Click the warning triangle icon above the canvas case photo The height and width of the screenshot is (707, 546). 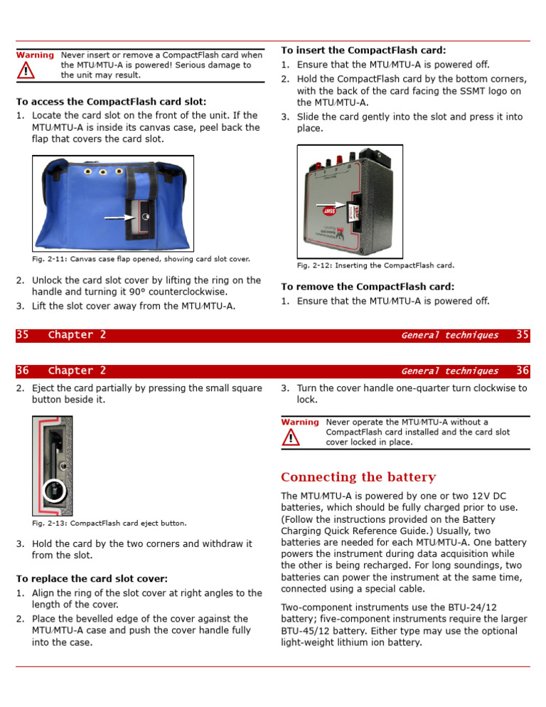pos(26,70)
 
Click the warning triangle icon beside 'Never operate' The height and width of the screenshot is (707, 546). pos(289,438)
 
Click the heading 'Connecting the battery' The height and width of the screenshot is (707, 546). pos(358,477)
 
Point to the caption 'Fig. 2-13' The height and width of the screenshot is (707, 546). pos(109,523)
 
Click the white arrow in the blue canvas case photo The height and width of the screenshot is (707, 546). pos(118,216)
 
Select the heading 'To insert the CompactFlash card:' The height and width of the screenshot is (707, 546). pos(363,51)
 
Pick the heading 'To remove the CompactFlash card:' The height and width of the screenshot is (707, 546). pos(368,287)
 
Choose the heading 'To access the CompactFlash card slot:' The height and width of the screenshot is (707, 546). pos(111,102)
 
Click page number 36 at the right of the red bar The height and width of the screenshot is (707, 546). pos(523,371)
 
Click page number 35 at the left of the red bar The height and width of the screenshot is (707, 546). pos(23,335)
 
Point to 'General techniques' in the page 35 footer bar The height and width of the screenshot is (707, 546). pos(449,335)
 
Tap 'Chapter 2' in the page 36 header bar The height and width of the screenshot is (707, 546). pos(77,371)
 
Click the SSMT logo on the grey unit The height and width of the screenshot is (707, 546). pos(329,211)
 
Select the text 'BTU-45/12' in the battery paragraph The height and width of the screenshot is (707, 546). pos(308,630)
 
